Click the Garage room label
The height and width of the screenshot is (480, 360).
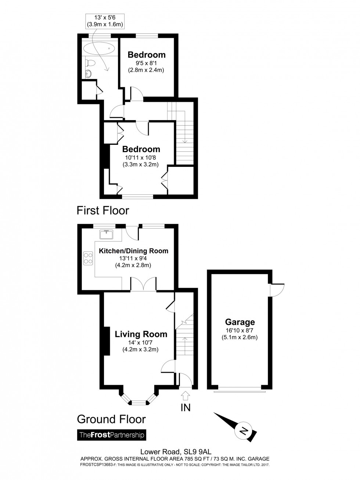coord(240,322)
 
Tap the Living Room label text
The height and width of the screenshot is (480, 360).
coord(141,334)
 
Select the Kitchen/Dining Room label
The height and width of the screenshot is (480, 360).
coord(133,251)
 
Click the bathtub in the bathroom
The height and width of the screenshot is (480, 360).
coord(97,49)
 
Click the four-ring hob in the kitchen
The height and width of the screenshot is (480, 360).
coord(88,258)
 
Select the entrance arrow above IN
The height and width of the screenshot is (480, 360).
coord(185,396)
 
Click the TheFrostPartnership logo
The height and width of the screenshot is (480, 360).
coord(111,435)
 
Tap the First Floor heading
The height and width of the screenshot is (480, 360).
coord(103,211)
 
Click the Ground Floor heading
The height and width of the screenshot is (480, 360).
coord(111,419)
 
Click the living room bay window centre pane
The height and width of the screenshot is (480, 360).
coord(139,403)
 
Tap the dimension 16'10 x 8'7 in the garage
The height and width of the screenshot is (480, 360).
coord(240,331)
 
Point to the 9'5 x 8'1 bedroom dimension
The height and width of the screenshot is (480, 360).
coord(146,63)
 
